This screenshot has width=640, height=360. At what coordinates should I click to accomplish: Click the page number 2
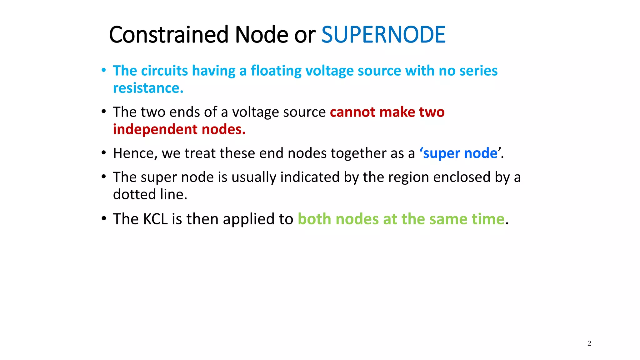click(589, 343)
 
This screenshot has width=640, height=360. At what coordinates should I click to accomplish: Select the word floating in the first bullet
click(276, 71)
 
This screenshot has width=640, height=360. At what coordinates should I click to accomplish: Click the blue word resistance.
click(148, 88)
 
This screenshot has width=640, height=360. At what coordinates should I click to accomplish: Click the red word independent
click(155, 129)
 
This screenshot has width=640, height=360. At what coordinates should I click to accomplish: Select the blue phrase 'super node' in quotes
click(460, 153)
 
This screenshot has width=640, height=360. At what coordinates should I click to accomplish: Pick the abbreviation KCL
click(155, 219)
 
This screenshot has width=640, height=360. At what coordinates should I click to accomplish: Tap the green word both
click(314, 219)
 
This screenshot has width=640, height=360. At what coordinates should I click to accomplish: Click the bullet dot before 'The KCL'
click(104, 218)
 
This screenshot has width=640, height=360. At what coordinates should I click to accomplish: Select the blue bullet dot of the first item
click(104, 70)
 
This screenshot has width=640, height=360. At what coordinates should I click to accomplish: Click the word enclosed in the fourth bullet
click(462, 177)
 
